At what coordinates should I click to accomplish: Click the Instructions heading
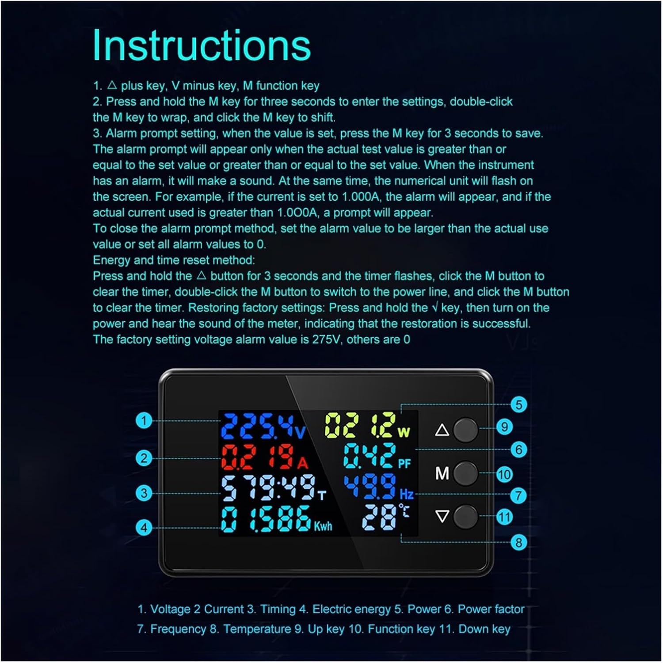tap(202, 46)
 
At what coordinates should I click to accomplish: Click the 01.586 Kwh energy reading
tap(276, 519)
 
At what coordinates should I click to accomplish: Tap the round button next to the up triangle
tap(465, 430)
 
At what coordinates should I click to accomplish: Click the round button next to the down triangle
tap(465, 516)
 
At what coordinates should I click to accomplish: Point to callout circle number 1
tap(144, 420)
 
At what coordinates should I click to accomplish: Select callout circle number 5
tap(518, 404)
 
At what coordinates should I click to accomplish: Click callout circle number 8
tap(518, 542)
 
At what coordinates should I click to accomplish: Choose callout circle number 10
tap(504, 475)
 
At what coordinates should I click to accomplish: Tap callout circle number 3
tap(144, 493)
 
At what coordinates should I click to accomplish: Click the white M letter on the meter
tap(442, 473)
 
